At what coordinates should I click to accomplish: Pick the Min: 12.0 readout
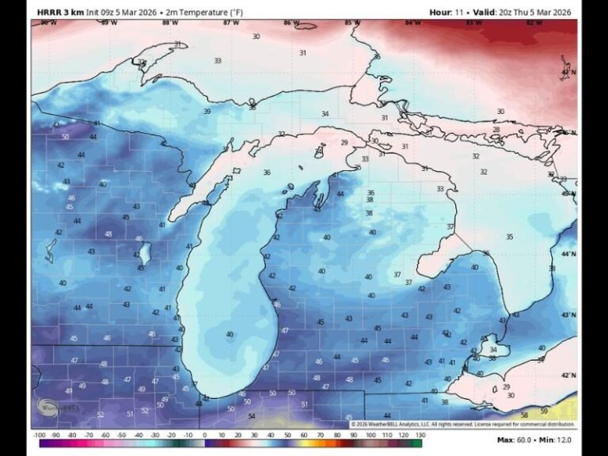tap(556, 439)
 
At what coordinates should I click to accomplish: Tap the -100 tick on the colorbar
tap(39, 435)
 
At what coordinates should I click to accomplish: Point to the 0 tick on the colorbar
tap(204, 435)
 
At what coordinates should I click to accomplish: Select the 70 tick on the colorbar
tap(321, 435)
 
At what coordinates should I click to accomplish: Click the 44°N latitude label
tap(568, 254)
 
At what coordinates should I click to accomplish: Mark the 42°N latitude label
tap(568, 375)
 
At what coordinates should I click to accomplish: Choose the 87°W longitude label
tap(231, 23)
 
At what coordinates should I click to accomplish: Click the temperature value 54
tap(251, 416)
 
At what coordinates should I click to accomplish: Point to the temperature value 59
tap(544, 411)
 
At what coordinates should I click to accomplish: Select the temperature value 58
tap(524, 415)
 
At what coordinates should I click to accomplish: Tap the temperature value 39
tap(207, 112)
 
